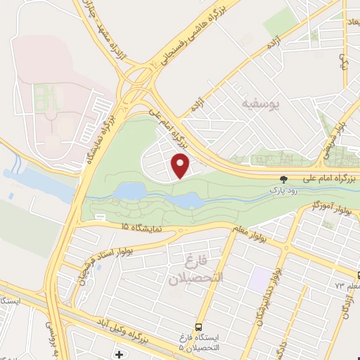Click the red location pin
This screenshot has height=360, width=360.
[181, 166]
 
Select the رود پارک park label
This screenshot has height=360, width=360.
[283, 190]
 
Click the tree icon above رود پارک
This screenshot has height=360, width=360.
[284, 179]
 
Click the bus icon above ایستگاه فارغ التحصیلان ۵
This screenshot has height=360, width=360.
[199, 328]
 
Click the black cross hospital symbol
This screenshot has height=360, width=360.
[119, 352]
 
